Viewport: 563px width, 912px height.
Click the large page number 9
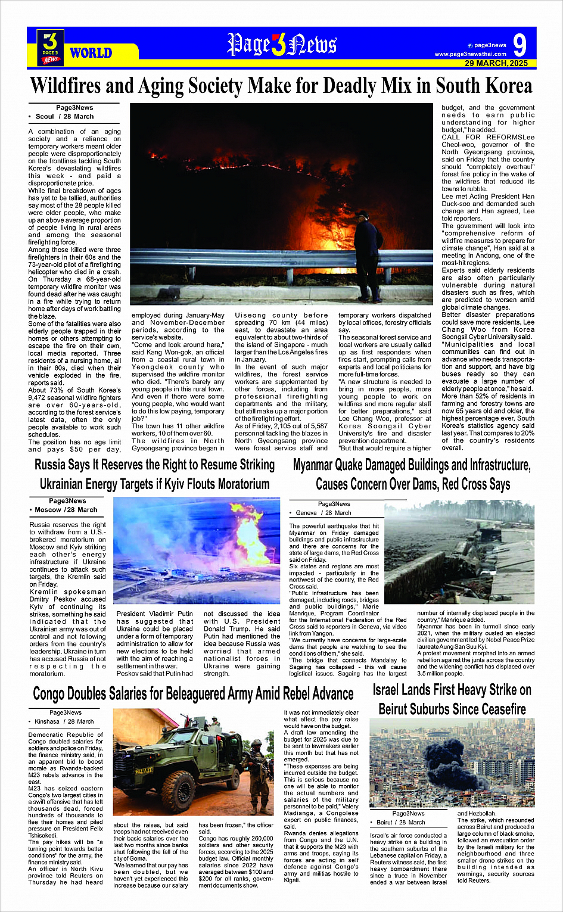520,45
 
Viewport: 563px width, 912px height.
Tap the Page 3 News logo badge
51,47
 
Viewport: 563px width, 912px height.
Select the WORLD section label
91,53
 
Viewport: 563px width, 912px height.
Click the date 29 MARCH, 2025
496,63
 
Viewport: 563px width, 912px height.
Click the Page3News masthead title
281,45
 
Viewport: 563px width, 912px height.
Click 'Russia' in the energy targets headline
52,465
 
